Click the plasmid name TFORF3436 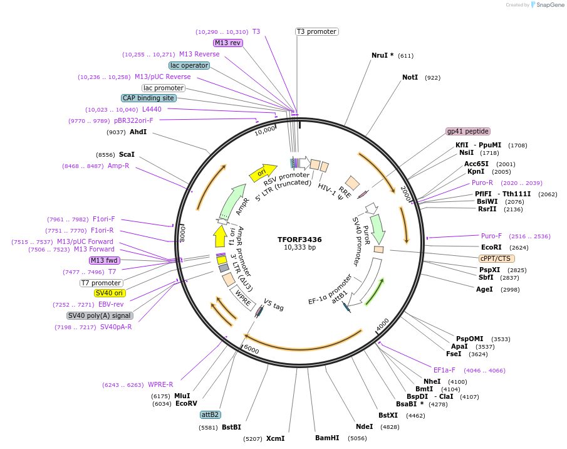click(x=299, y=239)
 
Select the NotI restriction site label click(x=410, y=78)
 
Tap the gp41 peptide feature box click(x=468, y=131)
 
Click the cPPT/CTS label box click(x=497, y=258)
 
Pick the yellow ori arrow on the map click(x=263, y=173)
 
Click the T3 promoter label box click(x=316, y=31)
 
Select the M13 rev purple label click(x=227, y=43)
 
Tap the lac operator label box click(x=189, y=65)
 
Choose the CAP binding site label click(x=148, y=98)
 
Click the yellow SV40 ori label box click(x=110, y=293)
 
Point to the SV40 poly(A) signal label click(x=99, y=315)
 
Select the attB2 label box click(x=210, y=415)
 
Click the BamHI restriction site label click(x=327, y=438)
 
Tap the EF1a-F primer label click(x=444, y=370)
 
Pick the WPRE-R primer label click(x=160, y=384)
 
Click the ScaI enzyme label click(x=127, y=154)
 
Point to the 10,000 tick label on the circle click(x=264, y=130)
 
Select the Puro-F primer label click(x=491, y=236)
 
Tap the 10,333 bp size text click(x=299, y=247)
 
